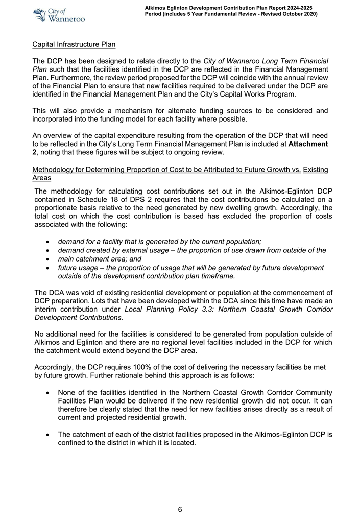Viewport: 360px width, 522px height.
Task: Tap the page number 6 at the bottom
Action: point(180,509)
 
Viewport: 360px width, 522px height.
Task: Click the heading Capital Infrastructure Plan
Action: point(74,44)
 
